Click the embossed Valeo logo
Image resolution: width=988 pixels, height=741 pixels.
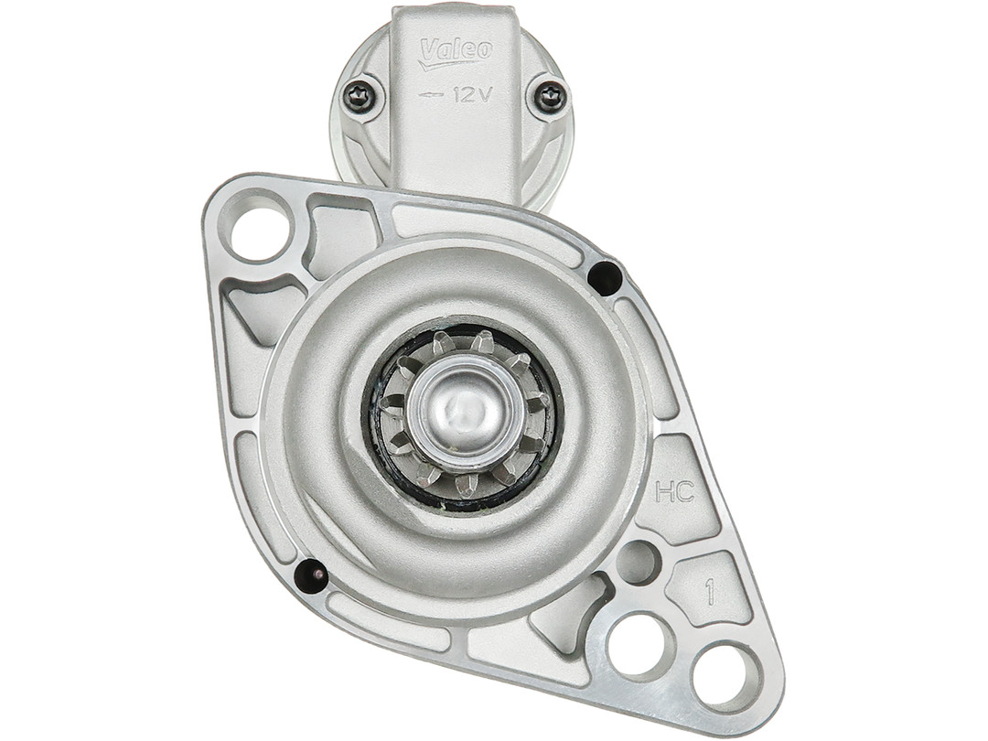tap(456, 52)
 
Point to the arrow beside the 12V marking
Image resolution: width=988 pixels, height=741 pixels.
tap(430, 95)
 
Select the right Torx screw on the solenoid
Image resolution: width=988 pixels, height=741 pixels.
tap(547, 97)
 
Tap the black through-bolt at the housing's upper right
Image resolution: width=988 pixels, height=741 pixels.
tap(603, 275)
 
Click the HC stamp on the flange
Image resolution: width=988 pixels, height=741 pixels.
tap(675, 491)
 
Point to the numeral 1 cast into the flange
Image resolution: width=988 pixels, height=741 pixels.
tap(711, 592)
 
